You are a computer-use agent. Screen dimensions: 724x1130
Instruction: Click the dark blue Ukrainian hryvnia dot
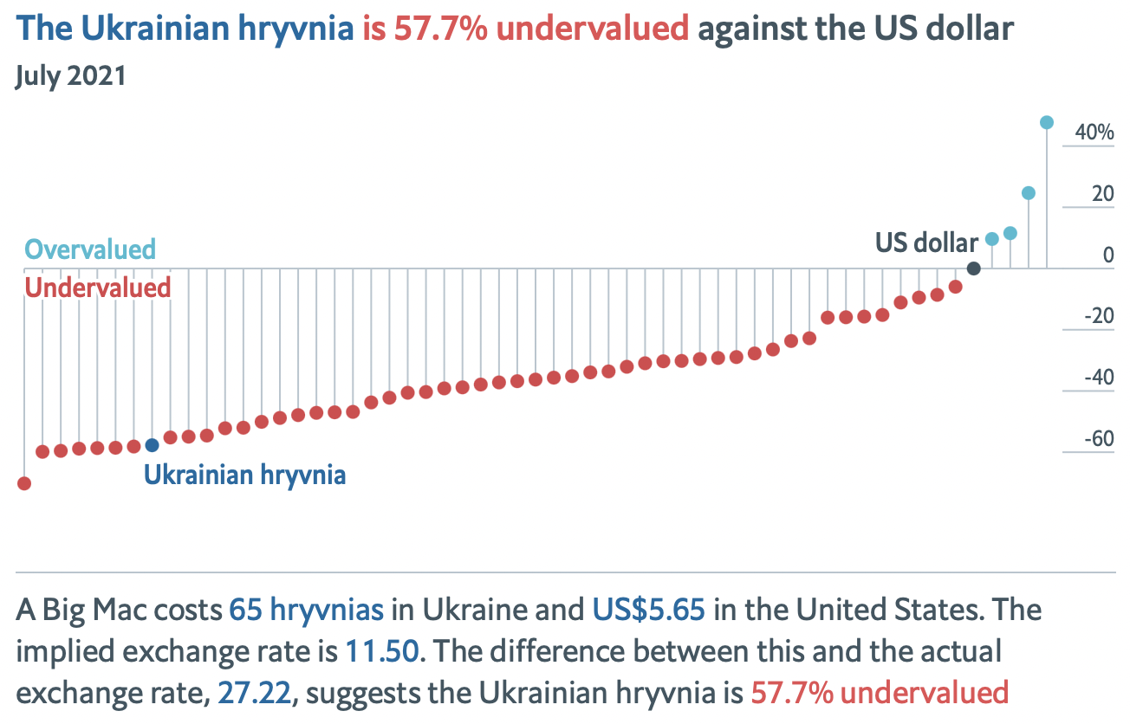click(x=152, y=445)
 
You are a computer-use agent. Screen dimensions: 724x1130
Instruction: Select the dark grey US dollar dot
click(x=973, y=268)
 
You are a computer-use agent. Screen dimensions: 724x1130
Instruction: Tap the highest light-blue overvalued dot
click(x=1046, y=123)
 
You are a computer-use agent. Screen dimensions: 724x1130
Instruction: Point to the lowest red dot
click(x=24, y=483)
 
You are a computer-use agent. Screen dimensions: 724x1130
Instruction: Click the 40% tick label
click(x=1094, y=133)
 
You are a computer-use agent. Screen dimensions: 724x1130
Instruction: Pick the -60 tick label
click(x=1098, y=439)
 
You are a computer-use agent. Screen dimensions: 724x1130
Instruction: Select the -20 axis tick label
click(x=1098, y=316)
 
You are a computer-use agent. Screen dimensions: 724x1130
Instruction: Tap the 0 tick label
click(x=1108, y=255)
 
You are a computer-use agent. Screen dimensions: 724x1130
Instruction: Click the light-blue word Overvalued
click(x=90, y=249)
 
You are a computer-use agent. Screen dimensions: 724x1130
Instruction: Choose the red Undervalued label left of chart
click(x=97, y=288)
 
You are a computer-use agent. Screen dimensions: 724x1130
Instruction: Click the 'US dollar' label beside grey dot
click(x=926, y=243)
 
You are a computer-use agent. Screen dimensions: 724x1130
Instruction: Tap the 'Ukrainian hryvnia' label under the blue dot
click(x=244, y=475)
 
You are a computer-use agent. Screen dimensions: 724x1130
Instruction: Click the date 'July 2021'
click(x=71, y=75)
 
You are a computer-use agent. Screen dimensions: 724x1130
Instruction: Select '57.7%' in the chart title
click(x=440, y=29)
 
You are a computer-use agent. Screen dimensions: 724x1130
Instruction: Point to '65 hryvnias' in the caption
click(x=306, y=611)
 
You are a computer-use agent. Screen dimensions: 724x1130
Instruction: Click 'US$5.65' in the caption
click(x=648, y=611)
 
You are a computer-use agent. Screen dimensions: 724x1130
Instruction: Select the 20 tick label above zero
click(x=1102, y=194)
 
